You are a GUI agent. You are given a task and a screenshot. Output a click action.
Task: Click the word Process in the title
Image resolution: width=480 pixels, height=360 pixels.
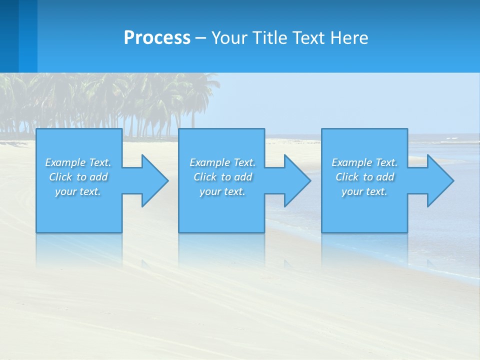click(x=157, y=37)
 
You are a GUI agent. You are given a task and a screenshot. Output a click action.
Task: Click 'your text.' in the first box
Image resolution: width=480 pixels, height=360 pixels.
click(x=78, y=191)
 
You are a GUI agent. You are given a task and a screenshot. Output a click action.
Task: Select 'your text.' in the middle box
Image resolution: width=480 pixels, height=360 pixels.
click(x=222, y=191)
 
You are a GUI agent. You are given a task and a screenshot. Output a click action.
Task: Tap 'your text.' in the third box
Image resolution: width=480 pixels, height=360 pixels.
click(x=364, y=191)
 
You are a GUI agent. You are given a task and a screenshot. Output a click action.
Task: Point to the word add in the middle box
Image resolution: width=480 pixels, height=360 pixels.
click(x=243, y=177)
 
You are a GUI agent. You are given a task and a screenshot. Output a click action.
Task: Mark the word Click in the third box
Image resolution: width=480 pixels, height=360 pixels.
click(x=347, y=177)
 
